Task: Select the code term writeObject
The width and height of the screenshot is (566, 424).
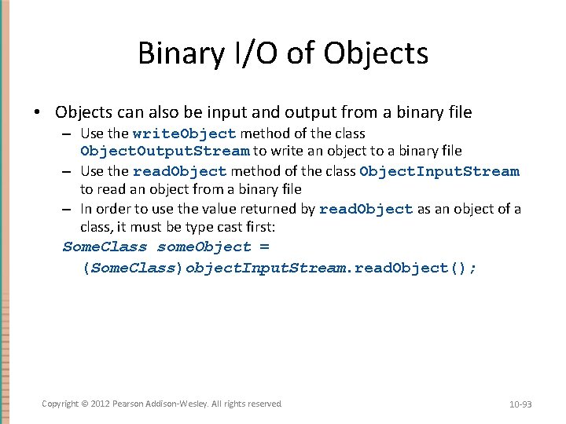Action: click(x=185, y=133)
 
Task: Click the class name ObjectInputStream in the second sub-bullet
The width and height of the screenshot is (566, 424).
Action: click(x=439, y=171)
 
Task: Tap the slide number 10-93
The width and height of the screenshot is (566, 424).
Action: click(x=520, y=404)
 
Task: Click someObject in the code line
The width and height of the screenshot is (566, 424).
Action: click(x=204, y=247)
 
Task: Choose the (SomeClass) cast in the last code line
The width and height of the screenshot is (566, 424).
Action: click(x=133, y=268)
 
